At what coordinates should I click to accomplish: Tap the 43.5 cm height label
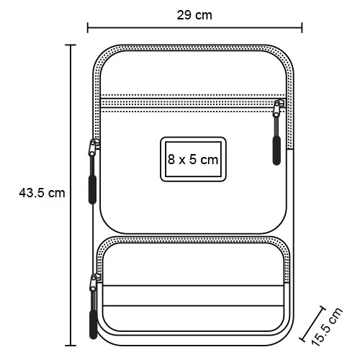tap(41, 193)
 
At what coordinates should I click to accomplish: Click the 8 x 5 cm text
tap(192, 159)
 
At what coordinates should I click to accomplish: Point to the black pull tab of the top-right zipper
tap(276, 148)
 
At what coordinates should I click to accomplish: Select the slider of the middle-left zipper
tap(92, 148)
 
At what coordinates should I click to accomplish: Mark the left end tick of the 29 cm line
tap(88, 28)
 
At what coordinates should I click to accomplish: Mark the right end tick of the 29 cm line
tap(302, 28)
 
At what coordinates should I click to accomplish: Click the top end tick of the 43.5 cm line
tap(71, 45)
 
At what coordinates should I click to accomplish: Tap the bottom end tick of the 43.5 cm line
tap(71, 344)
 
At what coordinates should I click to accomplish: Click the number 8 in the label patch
tap(171, 159)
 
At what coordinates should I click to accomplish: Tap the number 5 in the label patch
tap(192, 159)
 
